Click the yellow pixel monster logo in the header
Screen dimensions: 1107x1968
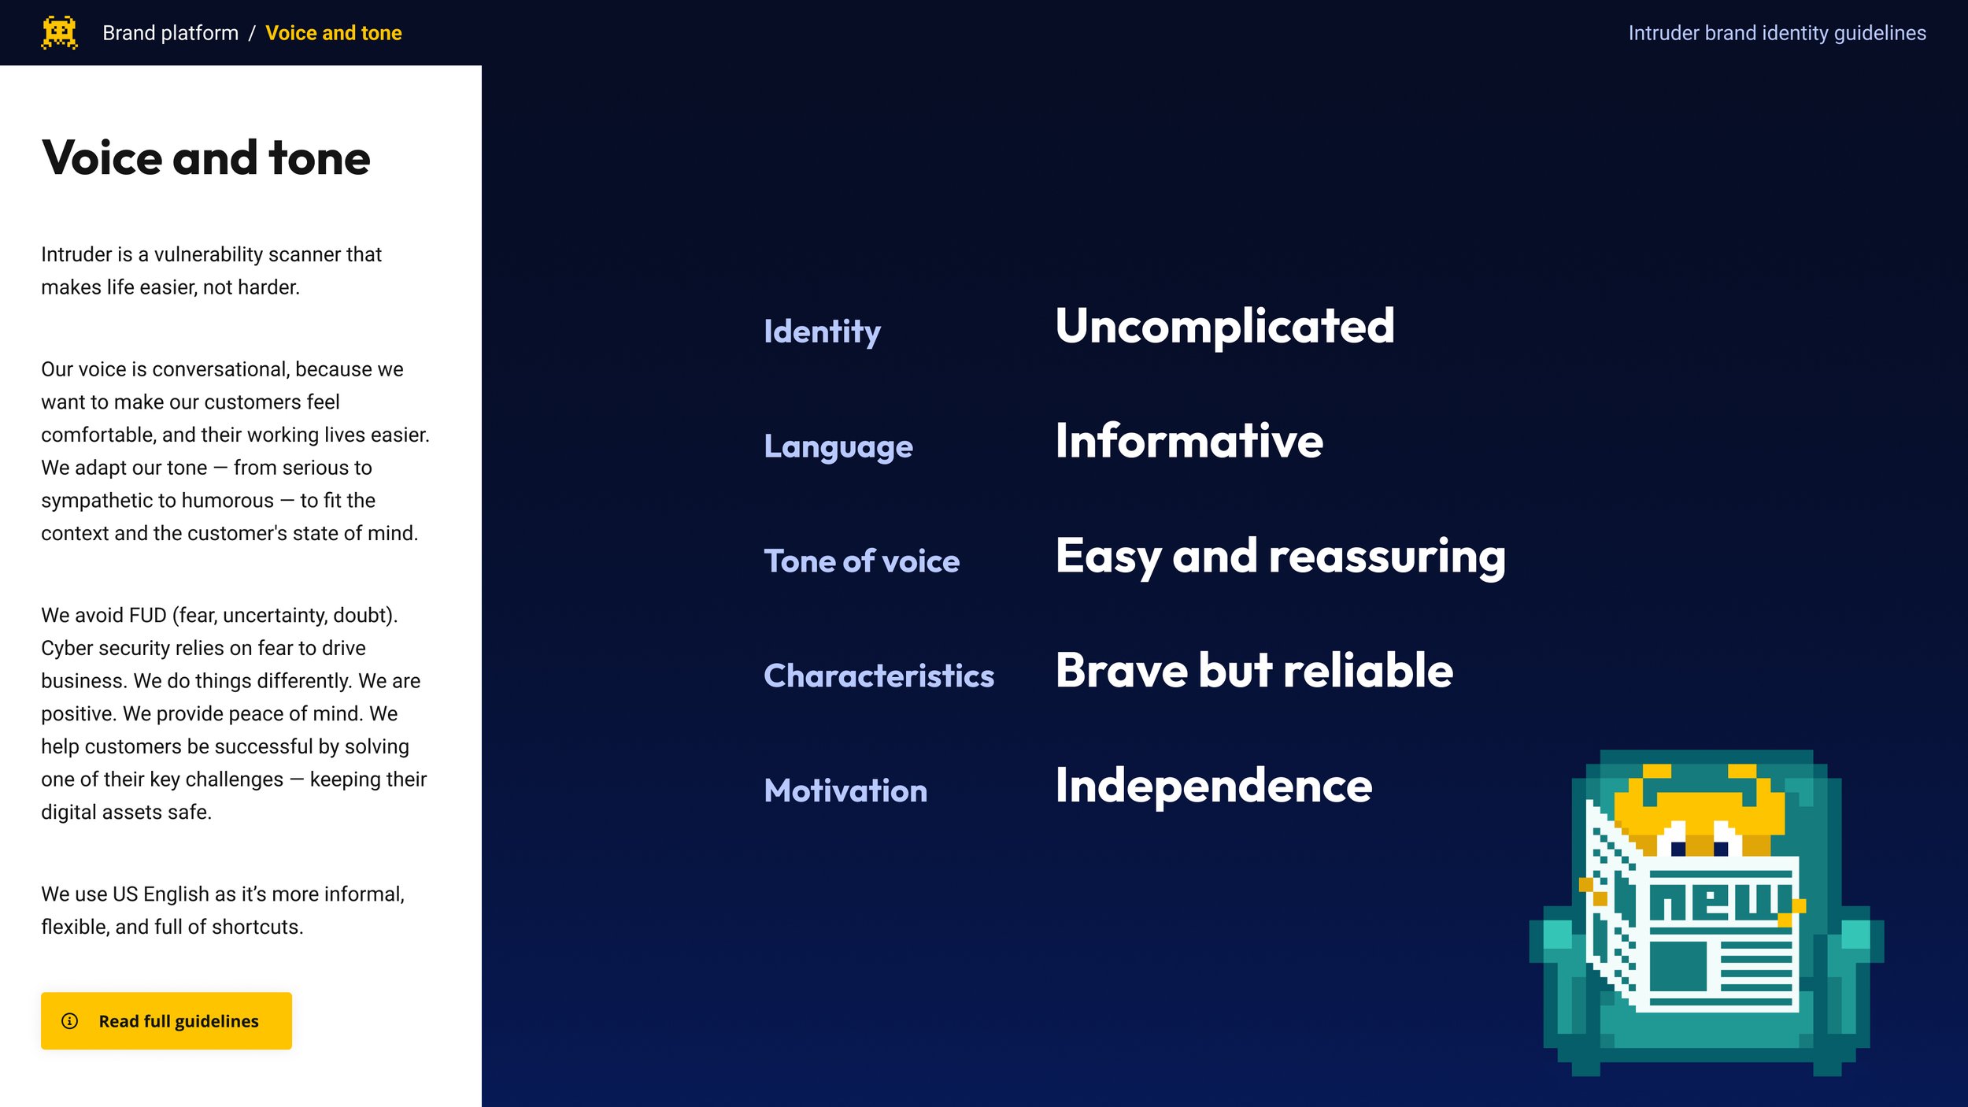point(59,32)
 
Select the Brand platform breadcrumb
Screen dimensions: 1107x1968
point(170,33)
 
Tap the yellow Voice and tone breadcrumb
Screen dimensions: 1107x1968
point(333,33)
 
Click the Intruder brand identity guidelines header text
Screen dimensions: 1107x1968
point(1777,33)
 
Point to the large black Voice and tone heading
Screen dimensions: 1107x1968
point(205,157)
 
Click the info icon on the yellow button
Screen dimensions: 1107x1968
point(70,1021)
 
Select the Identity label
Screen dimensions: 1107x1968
point(822,331)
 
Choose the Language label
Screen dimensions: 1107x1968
point(838,446)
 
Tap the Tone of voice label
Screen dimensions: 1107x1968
point(861,561)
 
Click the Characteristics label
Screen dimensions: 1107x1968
point(879,676)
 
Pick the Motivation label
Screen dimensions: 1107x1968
point(845,790)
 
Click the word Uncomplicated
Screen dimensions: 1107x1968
point(1224,326)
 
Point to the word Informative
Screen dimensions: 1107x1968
point(1189,441)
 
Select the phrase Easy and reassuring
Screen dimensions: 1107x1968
point(1280,556)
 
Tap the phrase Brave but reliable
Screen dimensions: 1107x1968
point(1254,671)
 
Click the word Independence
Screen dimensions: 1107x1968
point(1213,786)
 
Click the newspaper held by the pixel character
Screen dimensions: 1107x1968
point(1716,937)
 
